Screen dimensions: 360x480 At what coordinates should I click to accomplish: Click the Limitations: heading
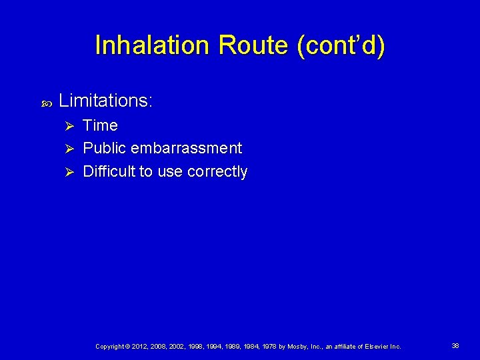(x=106, y=101)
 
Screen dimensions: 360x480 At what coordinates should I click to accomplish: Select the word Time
(x=100, y=125)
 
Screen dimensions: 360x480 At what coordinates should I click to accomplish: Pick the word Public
(x=105, y=148)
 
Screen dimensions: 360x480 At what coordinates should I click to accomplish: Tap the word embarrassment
(x=187, y=148)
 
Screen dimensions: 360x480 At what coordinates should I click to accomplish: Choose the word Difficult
(x=109, y=171)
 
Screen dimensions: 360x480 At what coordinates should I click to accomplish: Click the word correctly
(x=217, y=171)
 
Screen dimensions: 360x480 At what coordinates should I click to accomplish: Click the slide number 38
(x=455, y=346)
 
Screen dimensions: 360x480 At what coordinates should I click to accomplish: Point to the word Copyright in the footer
(x=111, y=347)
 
